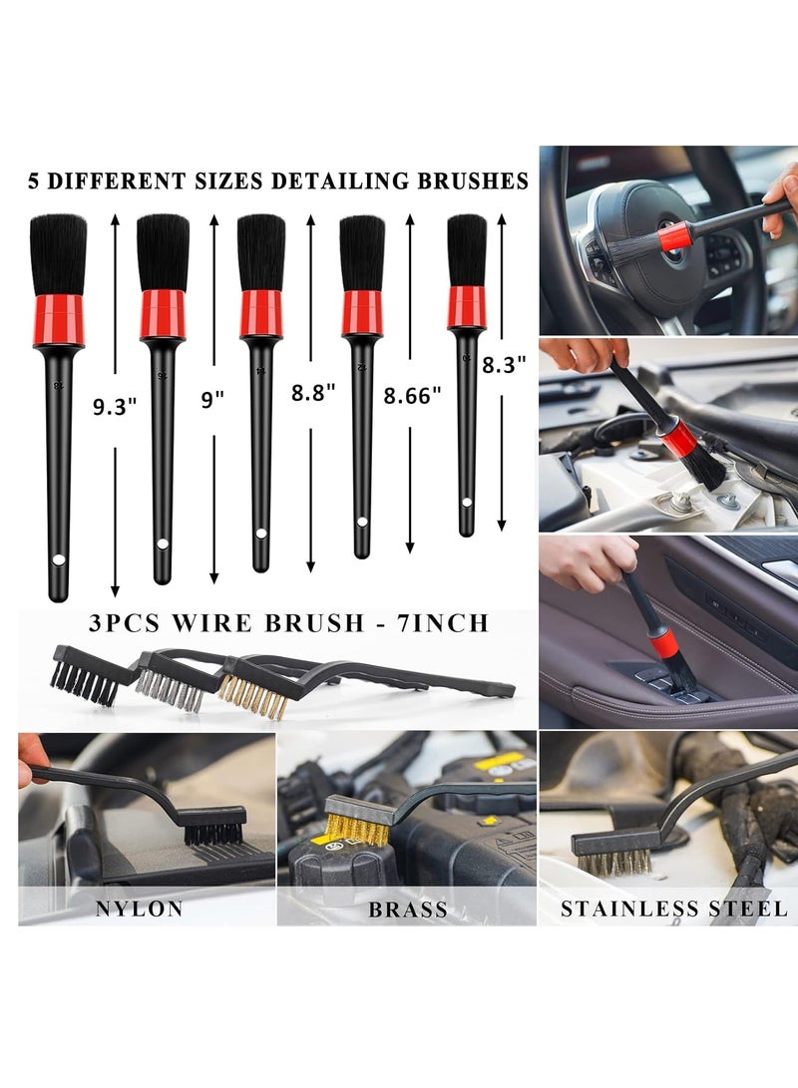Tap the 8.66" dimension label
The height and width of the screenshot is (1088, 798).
click(x=412, y=396)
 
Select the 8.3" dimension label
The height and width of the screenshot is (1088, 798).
click(x=504, y=366)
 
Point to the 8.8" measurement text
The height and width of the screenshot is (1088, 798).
click(x=311, y=394)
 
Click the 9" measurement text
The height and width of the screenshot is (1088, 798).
click(x=211, y=399)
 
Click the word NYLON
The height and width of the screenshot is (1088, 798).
click(x=139, y=908)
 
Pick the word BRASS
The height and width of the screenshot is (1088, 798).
click(x=407, y=909)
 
